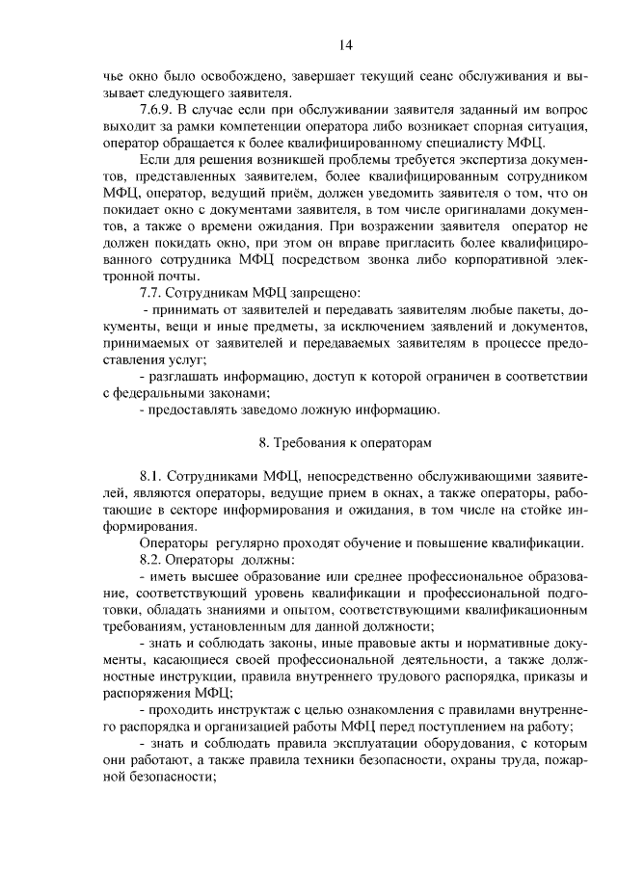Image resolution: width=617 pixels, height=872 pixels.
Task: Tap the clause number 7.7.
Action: (x=155, y=291)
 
